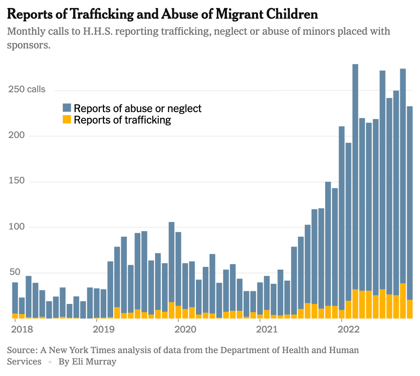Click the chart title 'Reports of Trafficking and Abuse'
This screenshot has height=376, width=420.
pos(162,14)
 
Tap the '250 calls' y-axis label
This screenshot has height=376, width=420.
pos(26,90)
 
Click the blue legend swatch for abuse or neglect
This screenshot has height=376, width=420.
pos(67,108)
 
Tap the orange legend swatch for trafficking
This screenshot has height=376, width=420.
pos(67,120)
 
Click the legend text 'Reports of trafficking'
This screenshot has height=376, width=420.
pos(122,120)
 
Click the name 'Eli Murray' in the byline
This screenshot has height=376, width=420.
pos(94,362)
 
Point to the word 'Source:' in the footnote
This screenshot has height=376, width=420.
pos(21,350)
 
